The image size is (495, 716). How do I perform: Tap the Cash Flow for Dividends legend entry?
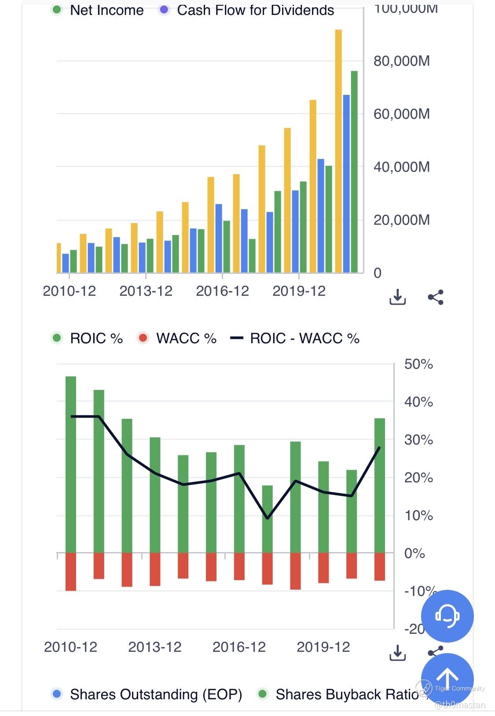246,10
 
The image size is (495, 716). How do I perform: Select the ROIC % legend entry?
87,338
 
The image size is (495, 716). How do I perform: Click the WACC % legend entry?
178,338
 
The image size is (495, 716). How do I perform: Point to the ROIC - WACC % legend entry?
295,338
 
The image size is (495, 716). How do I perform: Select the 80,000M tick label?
401,61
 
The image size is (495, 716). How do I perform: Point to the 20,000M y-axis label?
401,220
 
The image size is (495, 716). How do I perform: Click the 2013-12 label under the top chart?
146,291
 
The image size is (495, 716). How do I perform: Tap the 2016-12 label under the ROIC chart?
239,647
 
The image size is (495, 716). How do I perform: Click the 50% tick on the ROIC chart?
418,364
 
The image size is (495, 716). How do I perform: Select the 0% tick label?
414,553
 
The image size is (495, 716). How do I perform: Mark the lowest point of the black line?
268,518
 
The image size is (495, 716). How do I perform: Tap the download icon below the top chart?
397,297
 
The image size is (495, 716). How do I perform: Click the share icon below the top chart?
436,297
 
